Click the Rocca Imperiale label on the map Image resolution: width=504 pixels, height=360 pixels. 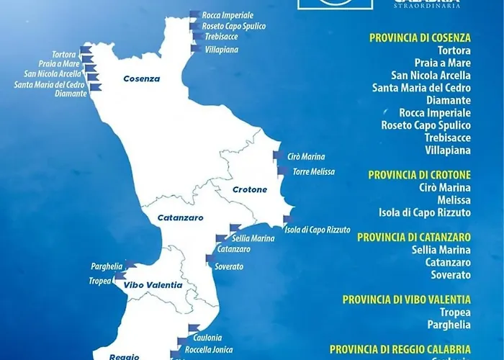[x=228, y=14]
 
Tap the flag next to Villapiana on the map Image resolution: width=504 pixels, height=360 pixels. [x=195, y=50]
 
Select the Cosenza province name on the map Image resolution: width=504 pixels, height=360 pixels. [x=141, y=78]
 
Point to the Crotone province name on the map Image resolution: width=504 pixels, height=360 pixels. [x=250, y=189]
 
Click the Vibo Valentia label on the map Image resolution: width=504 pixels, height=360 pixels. [x=153, y=284]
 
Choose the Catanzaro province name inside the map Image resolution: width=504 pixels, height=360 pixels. [x=180, y=217]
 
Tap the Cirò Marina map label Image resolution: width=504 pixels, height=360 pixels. [x=306, y=156]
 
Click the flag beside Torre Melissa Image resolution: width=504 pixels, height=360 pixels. [x=282, y=171]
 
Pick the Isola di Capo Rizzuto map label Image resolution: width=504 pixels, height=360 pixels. [x=318, y=230]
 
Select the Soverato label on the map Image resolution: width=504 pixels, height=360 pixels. [x=229, y=266]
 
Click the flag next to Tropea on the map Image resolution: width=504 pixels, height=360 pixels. [x=119, y=276]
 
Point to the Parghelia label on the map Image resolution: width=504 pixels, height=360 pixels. [x=107, y=266]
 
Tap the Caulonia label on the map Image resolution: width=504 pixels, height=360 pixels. [x=207, y=338]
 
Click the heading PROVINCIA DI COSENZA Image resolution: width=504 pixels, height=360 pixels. [x=420, y=37]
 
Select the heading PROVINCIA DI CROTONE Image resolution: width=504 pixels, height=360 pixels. [x=419, y=174]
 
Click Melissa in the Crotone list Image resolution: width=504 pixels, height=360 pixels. [x=454, y=199]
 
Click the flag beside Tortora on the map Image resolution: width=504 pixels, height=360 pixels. [x=86, y=50]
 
